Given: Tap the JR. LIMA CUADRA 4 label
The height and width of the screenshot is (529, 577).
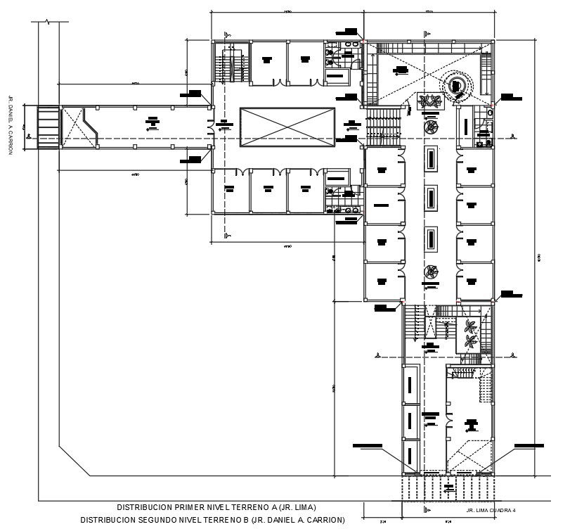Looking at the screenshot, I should (491, 510).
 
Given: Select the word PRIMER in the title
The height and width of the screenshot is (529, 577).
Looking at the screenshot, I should (184, 507).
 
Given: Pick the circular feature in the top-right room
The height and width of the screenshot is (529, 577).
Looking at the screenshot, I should (458, 85).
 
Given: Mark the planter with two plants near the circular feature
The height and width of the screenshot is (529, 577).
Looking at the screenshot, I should (429, 101).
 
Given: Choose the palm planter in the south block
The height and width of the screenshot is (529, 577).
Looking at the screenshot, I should (470, 333).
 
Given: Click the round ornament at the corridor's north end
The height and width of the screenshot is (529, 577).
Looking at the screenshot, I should (429, 126).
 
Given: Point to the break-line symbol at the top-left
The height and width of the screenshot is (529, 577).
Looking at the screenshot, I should (48, 23).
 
